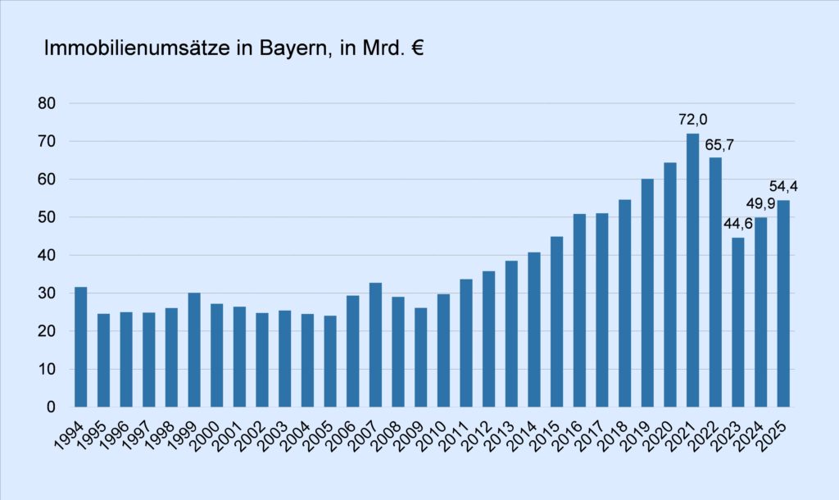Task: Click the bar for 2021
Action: [x=693, y=270]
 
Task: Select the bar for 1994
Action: [x=80, y=347]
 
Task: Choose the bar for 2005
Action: [x=330, y=361]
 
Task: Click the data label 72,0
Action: [x=693, y=120]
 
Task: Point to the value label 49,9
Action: [x=760, y=204]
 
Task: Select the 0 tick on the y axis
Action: [x=50, y=407]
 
